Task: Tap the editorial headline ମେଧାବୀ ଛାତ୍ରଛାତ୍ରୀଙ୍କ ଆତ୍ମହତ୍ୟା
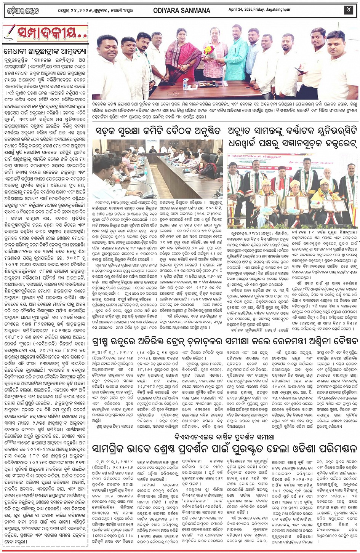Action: click(45, 51)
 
